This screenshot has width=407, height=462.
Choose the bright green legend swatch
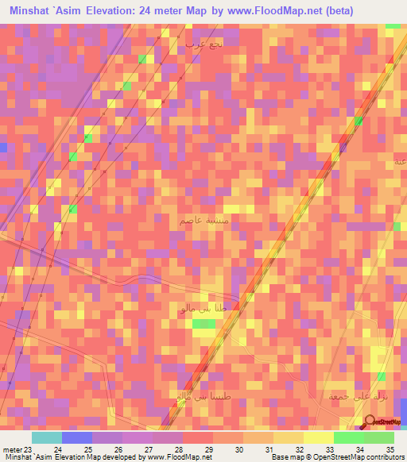point(349,437)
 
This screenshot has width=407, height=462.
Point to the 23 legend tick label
point(29,449)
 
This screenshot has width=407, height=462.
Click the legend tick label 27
point(148,449)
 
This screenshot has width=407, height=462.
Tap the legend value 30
point(238,449)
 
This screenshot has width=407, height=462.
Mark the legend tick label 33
point(329,449)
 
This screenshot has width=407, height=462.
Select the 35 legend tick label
point(389,449)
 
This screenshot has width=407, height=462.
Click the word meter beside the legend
point(12,449)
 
